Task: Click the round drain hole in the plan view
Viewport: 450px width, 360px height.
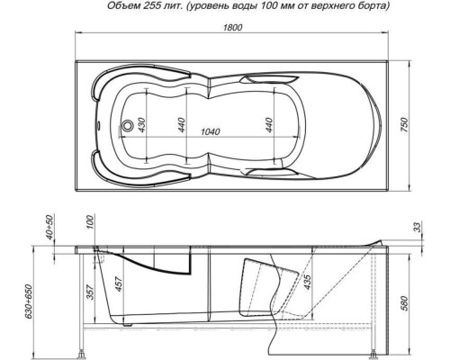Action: (128, 125)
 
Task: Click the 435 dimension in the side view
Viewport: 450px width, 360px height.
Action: (310, 283)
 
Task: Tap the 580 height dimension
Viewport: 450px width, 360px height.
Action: (417, 294)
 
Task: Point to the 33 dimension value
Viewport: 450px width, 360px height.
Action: (415, 229)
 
